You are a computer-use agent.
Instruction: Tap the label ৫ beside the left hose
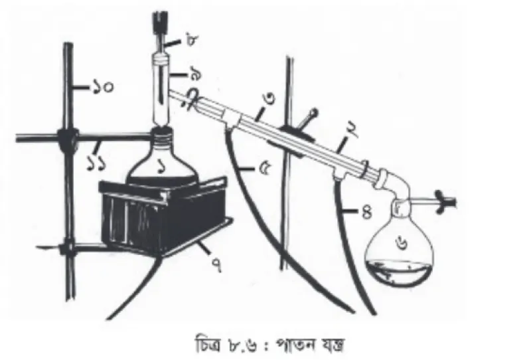pos(264,169)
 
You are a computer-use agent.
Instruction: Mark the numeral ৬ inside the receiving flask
pos(401,244)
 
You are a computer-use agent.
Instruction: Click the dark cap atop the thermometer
pos(159,22)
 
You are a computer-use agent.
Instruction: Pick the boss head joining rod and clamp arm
pos(68,139)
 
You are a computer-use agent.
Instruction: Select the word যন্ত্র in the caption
pos(333,345)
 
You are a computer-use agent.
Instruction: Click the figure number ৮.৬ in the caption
pos(242,346)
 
